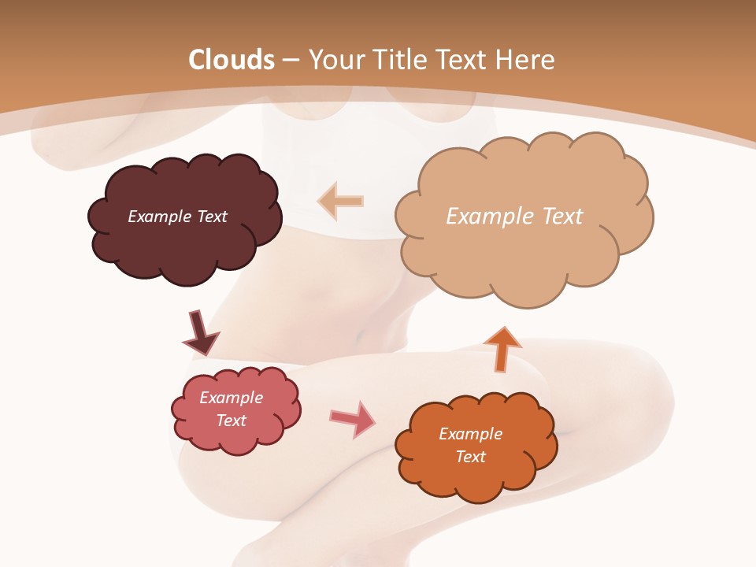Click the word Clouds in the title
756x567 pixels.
[232, 60]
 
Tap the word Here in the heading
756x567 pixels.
[525, 60]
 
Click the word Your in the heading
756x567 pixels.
[335, 60]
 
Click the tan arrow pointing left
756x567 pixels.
[341, 201]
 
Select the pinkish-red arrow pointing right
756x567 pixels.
[353, 419]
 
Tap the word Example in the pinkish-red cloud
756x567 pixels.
[231, 398]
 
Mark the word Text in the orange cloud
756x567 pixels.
[470, 457]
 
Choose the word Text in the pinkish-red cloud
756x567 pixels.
[231, 421]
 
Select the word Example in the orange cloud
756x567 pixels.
[470, 434]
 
